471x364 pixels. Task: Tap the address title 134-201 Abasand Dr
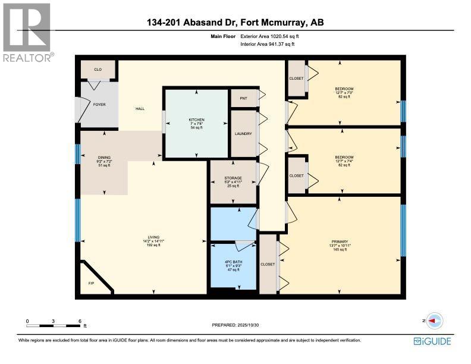(235, 23)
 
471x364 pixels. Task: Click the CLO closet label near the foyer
(98, 70)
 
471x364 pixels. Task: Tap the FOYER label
(99, 105)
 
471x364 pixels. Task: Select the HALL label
(140, 109)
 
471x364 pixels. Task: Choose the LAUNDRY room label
(243, 134)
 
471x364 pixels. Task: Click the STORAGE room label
(233, 177)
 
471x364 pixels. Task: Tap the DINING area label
(104, 153)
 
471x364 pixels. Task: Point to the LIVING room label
(154, 237)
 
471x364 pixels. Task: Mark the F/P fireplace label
(91, 283)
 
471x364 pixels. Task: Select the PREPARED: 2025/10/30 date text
(235, 325)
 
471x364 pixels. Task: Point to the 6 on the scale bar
(80, 321)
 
